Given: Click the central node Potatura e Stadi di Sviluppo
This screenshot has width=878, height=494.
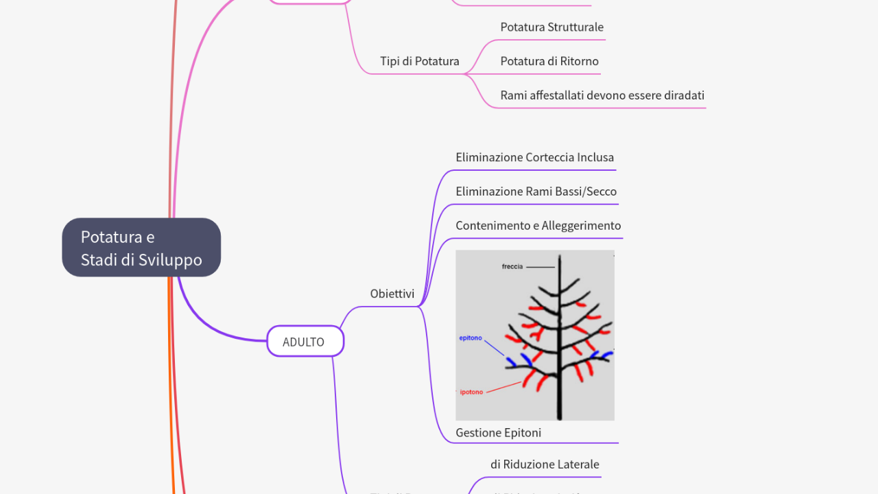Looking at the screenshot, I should (x=141, y=248).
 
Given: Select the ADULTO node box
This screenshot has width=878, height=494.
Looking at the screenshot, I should (x=305, y=342).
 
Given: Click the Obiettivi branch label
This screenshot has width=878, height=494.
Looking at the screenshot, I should (x=392, y=294).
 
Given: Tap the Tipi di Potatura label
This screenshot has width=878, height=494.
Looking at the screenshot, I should (x=419, y=61).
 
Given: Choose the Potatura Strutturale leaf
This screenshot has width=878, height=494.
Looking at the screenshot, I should (x=551, y=27).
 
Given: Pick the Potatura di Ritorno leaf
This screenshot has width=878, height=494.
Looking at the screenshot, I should (x=549, y=61).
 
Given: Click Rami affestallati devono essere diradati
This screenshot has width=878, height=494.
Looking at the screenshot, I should (x=602, y=95).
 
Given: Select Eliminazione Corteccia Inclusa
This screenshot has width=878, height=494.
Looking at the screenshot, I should (x=534, y=157).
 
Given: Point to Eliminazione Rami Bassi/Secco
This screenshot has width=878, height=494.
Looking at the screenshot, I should (x=536, y=191).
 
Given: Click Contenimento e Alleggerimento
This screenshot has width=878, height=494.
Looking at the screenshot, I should (x=538, y=226).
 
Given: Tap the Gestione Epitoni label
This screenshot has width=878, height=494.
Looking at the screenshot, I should (x=498, y=432).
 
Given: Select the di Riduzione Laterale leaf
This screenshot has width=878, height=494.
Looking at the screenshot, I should (x=544, y=464).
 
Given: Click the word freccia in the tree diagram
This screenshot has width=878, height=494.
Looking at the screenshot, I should (x=512, y=266).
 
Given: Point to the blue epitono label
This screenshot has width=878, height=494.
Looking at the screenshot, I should (x=471, y=338).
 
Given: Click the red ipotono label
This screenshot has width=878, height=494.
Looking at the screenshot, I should (x=471, y=392).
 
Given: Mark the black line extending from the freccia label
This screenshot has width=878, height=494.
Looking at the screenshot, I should (x=541, y=267).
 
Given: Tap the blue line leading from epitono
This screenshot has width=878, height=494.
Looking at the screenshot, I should (x=495, y=349).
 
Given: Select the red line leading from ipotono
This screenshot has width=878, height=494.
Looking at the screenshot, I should (x=504, y=387).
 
